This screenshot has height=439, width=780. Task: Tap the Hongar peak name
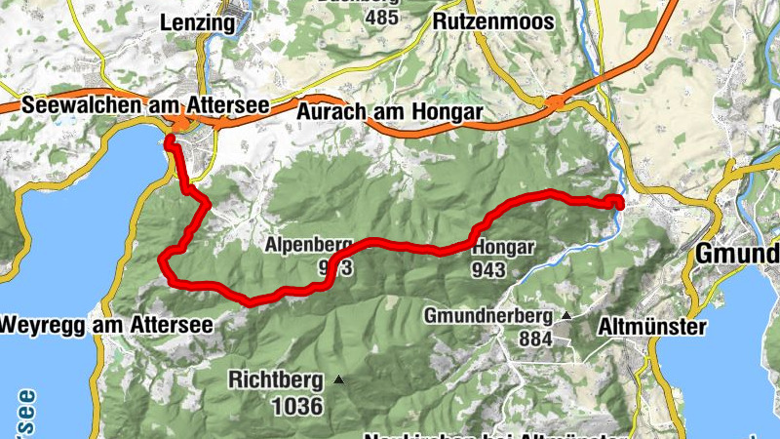click(503, 247)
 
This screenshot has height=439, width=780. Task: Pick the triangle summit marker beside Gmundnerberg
click(565, 315)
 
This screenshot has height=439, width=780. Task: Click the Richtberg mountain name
click(276, 379)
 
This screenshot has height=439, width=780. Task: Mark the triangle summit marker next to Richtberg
click(338, 379)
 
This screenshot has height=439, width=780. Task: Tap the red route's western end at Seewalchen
click(170, 142)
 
